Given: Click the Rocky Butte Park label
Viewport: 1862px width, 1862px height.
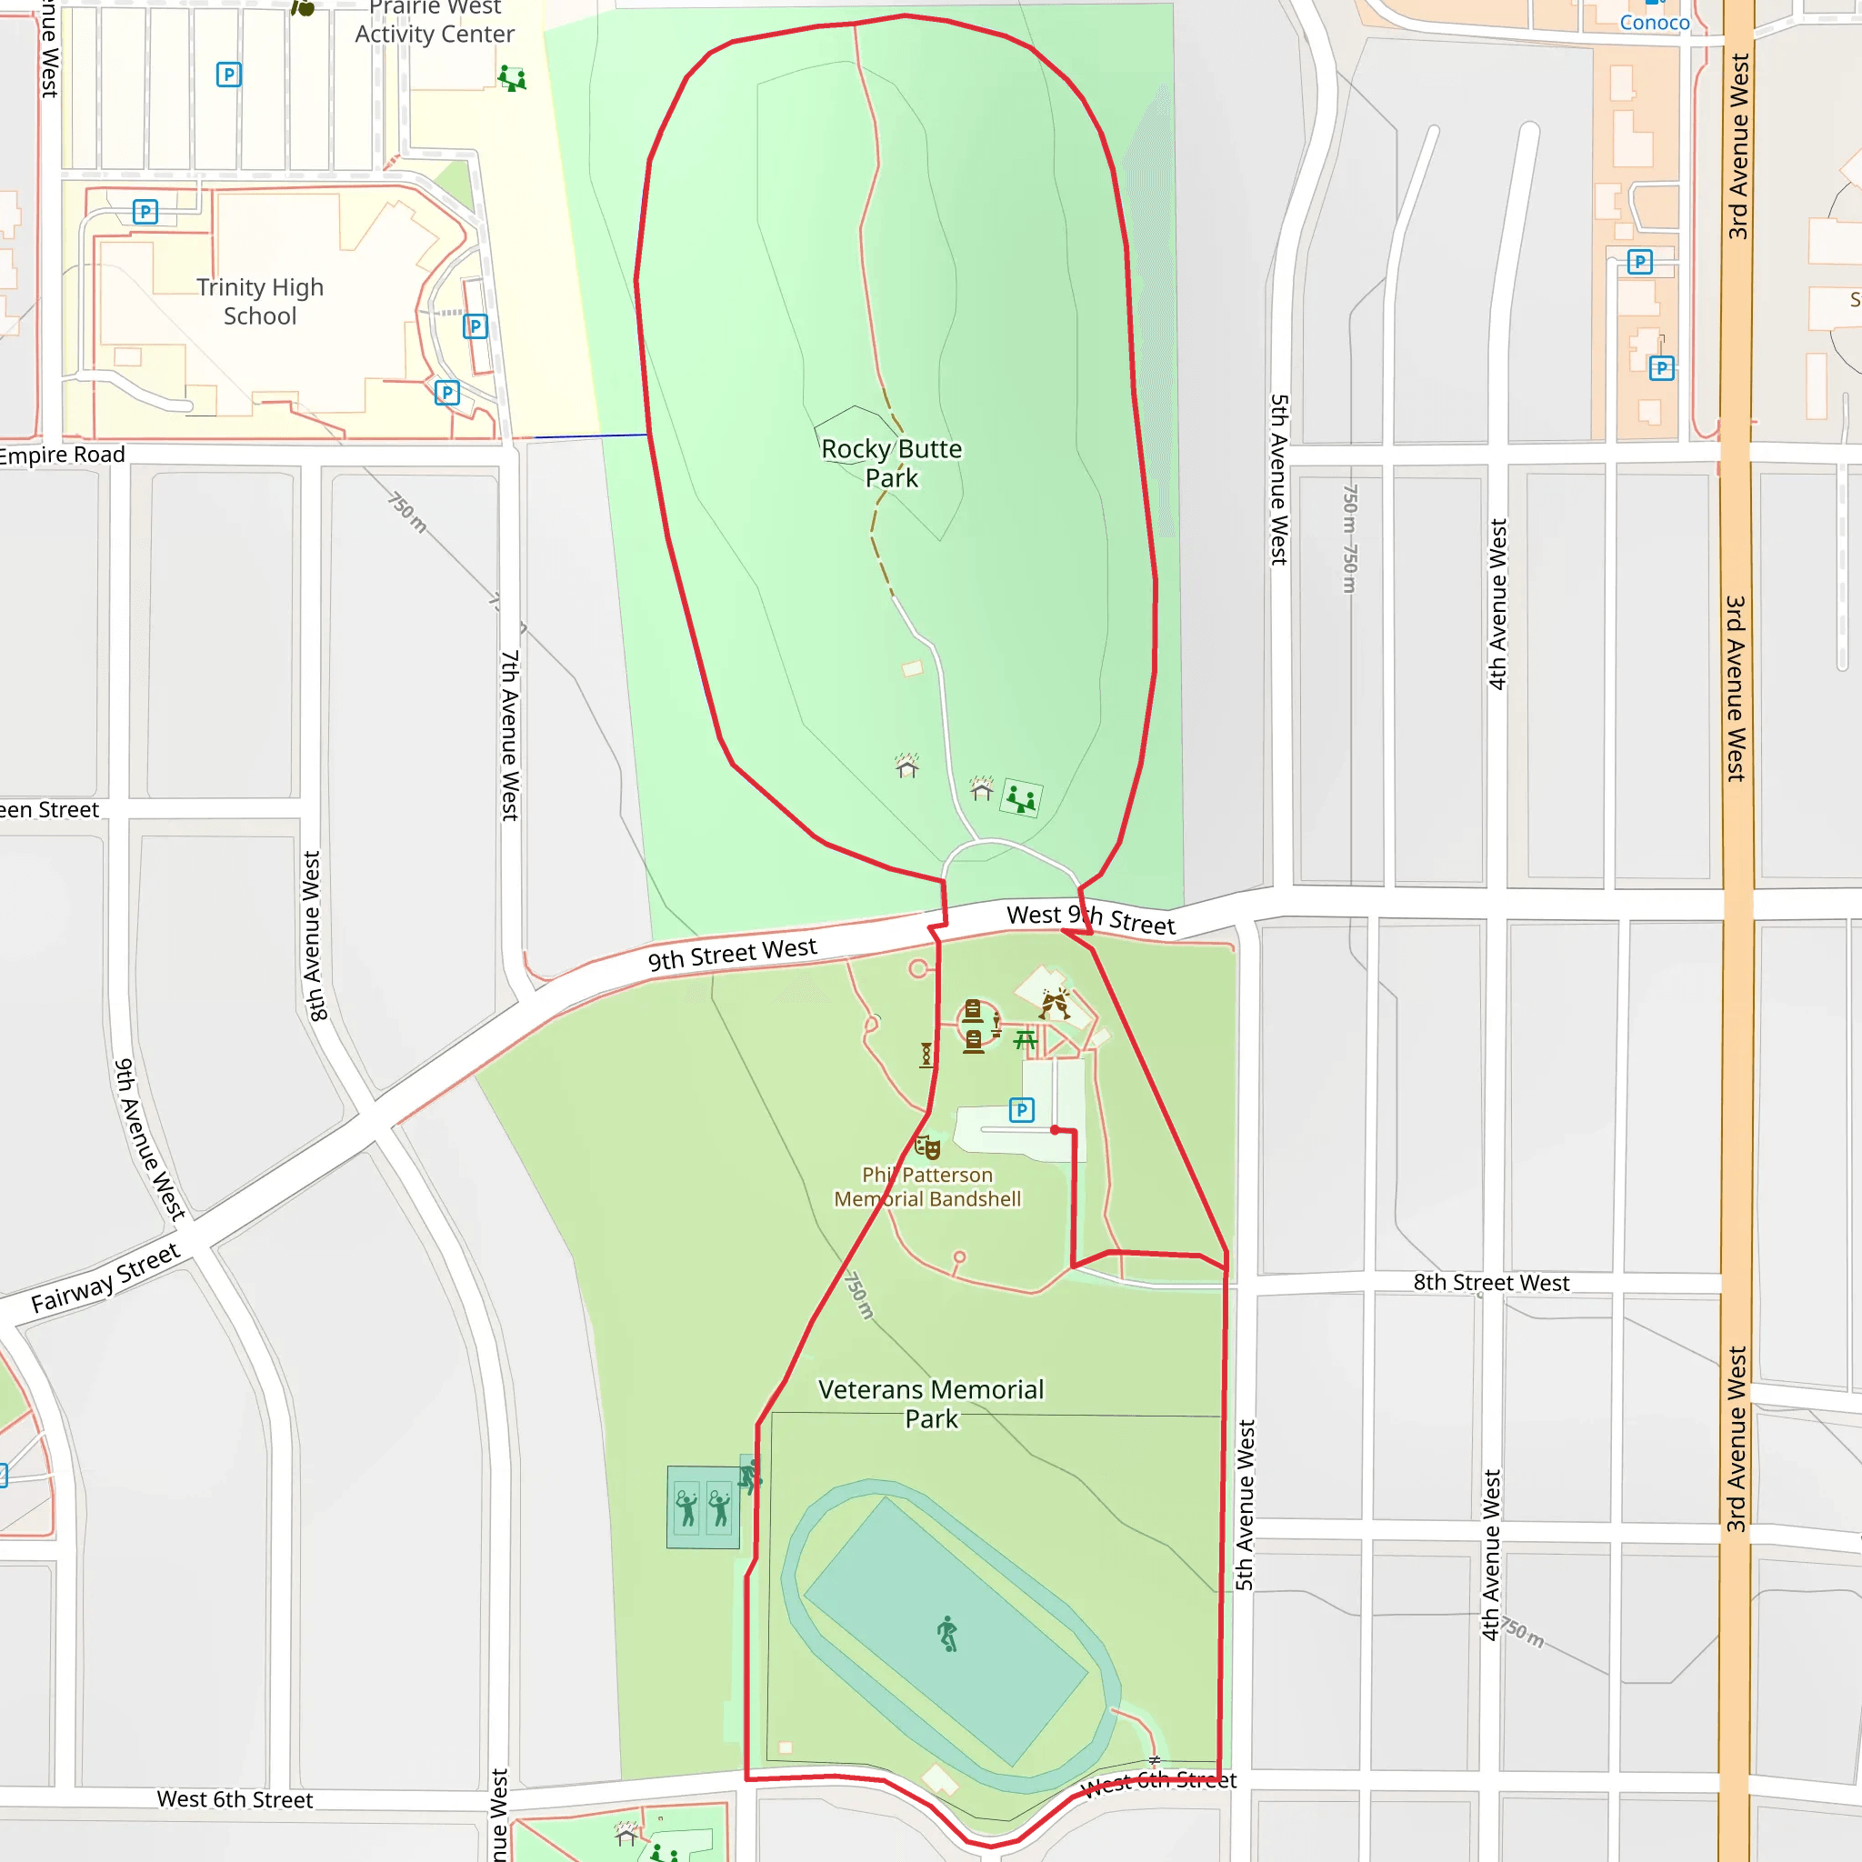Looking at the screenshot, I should [x=892, y=464].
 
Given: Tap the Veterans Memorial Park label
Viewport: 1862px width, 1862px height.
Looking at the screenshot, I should [x=931, y=1403].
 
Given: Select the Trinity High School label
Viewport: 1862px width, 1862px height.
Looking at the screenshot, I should [x=260, y=302].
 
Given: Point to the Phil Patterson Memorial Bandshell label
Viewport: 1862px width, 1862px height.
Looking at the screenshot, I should [x=927, y=1186].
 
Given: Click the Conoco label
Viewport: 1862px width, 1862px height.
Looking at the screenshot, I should [x=1654, y=22].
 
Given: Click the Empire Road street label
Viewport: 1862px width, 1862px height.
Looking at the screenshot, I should [x=60, y=455].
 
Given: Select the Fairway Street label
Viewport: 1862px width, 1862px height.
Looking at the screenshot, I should [x=106, y=1278].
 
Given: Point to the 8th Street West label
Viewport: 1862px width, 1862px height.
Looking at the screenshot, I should [x=1491, y=1282].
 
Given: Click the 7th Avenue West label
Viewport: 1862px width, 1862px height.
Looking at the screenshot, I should [x=510, y=735].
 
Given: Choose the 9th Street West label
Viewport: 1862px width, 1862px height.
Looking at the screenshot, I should [x=733, y=953].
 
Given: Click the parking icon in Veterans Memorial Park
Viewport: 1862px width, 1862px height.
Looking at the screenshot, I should [x=1022, y=1110].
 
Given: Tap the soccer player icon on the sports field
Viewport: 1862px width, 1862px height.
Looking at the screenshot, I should [x=948, y=1634].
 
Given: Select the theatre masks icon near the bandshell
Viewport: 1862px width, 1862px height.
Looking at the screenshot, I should [x=927, y=1146].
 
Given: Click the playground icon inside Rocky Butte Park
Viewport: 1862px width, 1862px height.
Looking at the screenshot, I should [x=1021, y=798].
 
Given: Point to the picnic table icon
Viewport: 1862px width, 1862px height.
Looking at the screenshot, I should [x=1026, y=1039].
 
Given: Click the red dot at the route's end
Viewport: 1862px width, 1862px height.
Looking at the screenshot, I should [x=1056, y=1129].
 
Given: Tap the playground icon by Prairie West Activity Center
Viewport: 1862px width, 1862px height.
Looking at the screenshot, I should [x=512, y=78].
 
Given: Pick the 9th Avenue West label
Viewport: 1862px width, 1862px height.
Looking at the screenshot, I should [x=149, y=1139].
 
